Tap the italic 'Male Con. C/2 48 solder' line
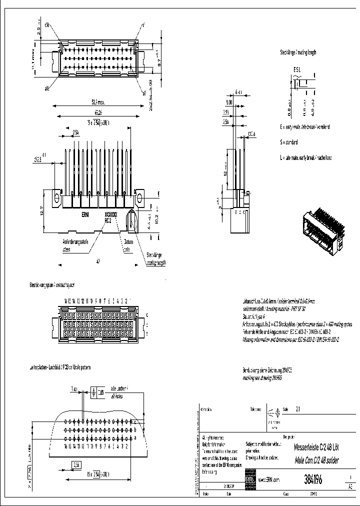(x=309, y=460)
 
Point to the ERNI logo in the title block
(x=249, y=479)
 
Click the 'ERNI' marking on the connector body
(x=85, y=213)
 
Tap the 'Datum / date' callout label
(x=127, y=244)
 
